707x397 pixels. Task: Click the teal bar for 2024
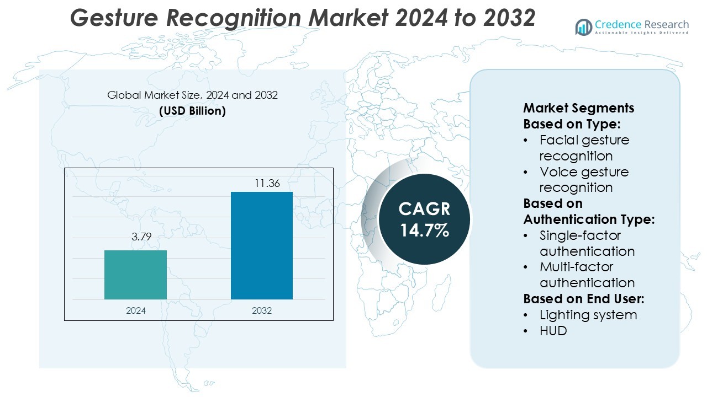coord(135,275)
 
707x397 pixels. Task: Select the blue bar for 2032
coord(261,245)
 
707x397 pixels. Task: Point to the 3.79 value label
coord(141,238)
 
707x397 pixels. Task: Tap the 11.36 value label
coord(267,183)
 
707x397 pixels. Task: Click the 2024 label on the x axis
coord(136,310)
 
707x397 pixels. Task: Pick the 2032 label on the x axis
coord(262,310)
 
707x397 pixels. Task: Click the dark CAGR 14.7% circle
coord(424,219)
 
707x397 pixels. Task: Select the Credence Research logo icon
coord(583,26)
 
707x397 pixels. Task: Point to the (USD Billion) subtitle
coord(192,110)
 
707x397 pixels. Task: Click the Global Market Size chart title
coord(192,95)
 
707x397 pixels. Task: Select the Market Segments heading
coord(579,108)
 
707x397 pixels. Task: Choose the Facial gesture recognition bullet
coord(584,148)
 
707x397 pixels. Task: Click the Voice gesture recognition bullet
coord(584,180)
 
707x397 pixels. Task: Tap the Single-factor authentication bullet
coord(587,243)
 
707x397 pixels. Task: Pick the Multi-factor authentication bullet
coord(587,275)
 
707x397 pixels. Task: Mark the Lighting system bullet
coord(588,315)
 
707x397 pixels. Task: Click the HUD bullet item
coord(553,331)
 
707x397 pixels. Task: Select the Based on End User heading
coord(584,299)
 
